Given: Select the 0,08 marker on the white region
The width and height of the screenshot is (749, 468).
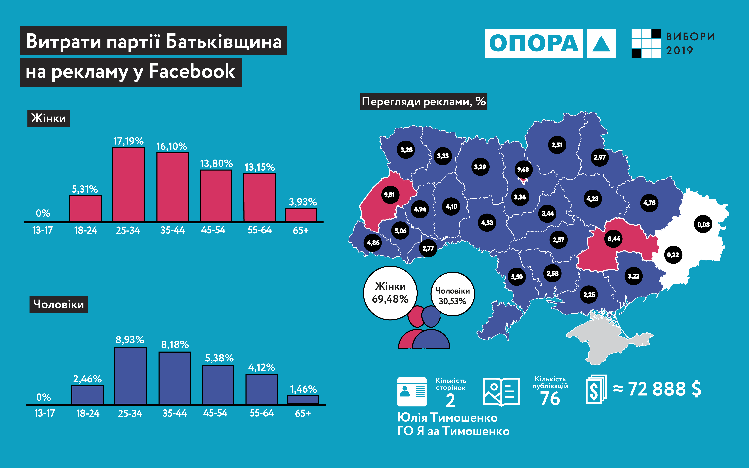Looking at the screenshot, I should [x=703, y=224].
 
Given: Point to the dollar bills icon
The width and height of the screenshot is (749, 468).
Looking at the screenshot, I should [x=596, y=389].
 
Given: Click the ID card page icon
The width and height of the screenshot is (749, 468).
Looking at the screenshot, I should [x=412, y=391].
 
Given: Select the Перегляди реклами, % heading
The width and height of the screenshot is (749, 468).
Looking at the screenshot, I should [x=423, y=101].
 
